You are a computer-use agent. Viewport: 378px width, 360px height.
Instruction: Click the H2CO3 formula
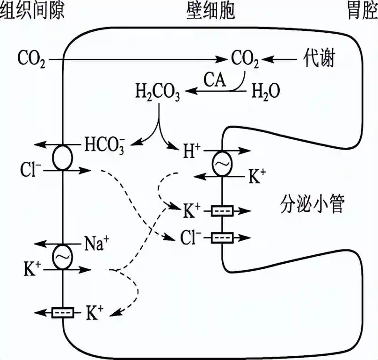tap(157, 91)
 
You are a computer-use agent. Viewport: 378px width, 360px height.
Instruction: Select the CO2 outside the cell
tap(31, 59)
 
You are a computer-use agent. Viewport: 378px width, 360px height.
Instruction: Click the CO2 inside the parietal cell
tap(245, 59)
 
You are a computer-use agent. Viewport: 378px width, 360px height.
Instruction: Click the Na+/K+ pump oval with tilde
tap(62, 256)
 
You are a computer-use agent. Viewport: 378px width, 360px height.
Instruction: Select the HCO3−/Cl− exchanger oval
tap(62, 158)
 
